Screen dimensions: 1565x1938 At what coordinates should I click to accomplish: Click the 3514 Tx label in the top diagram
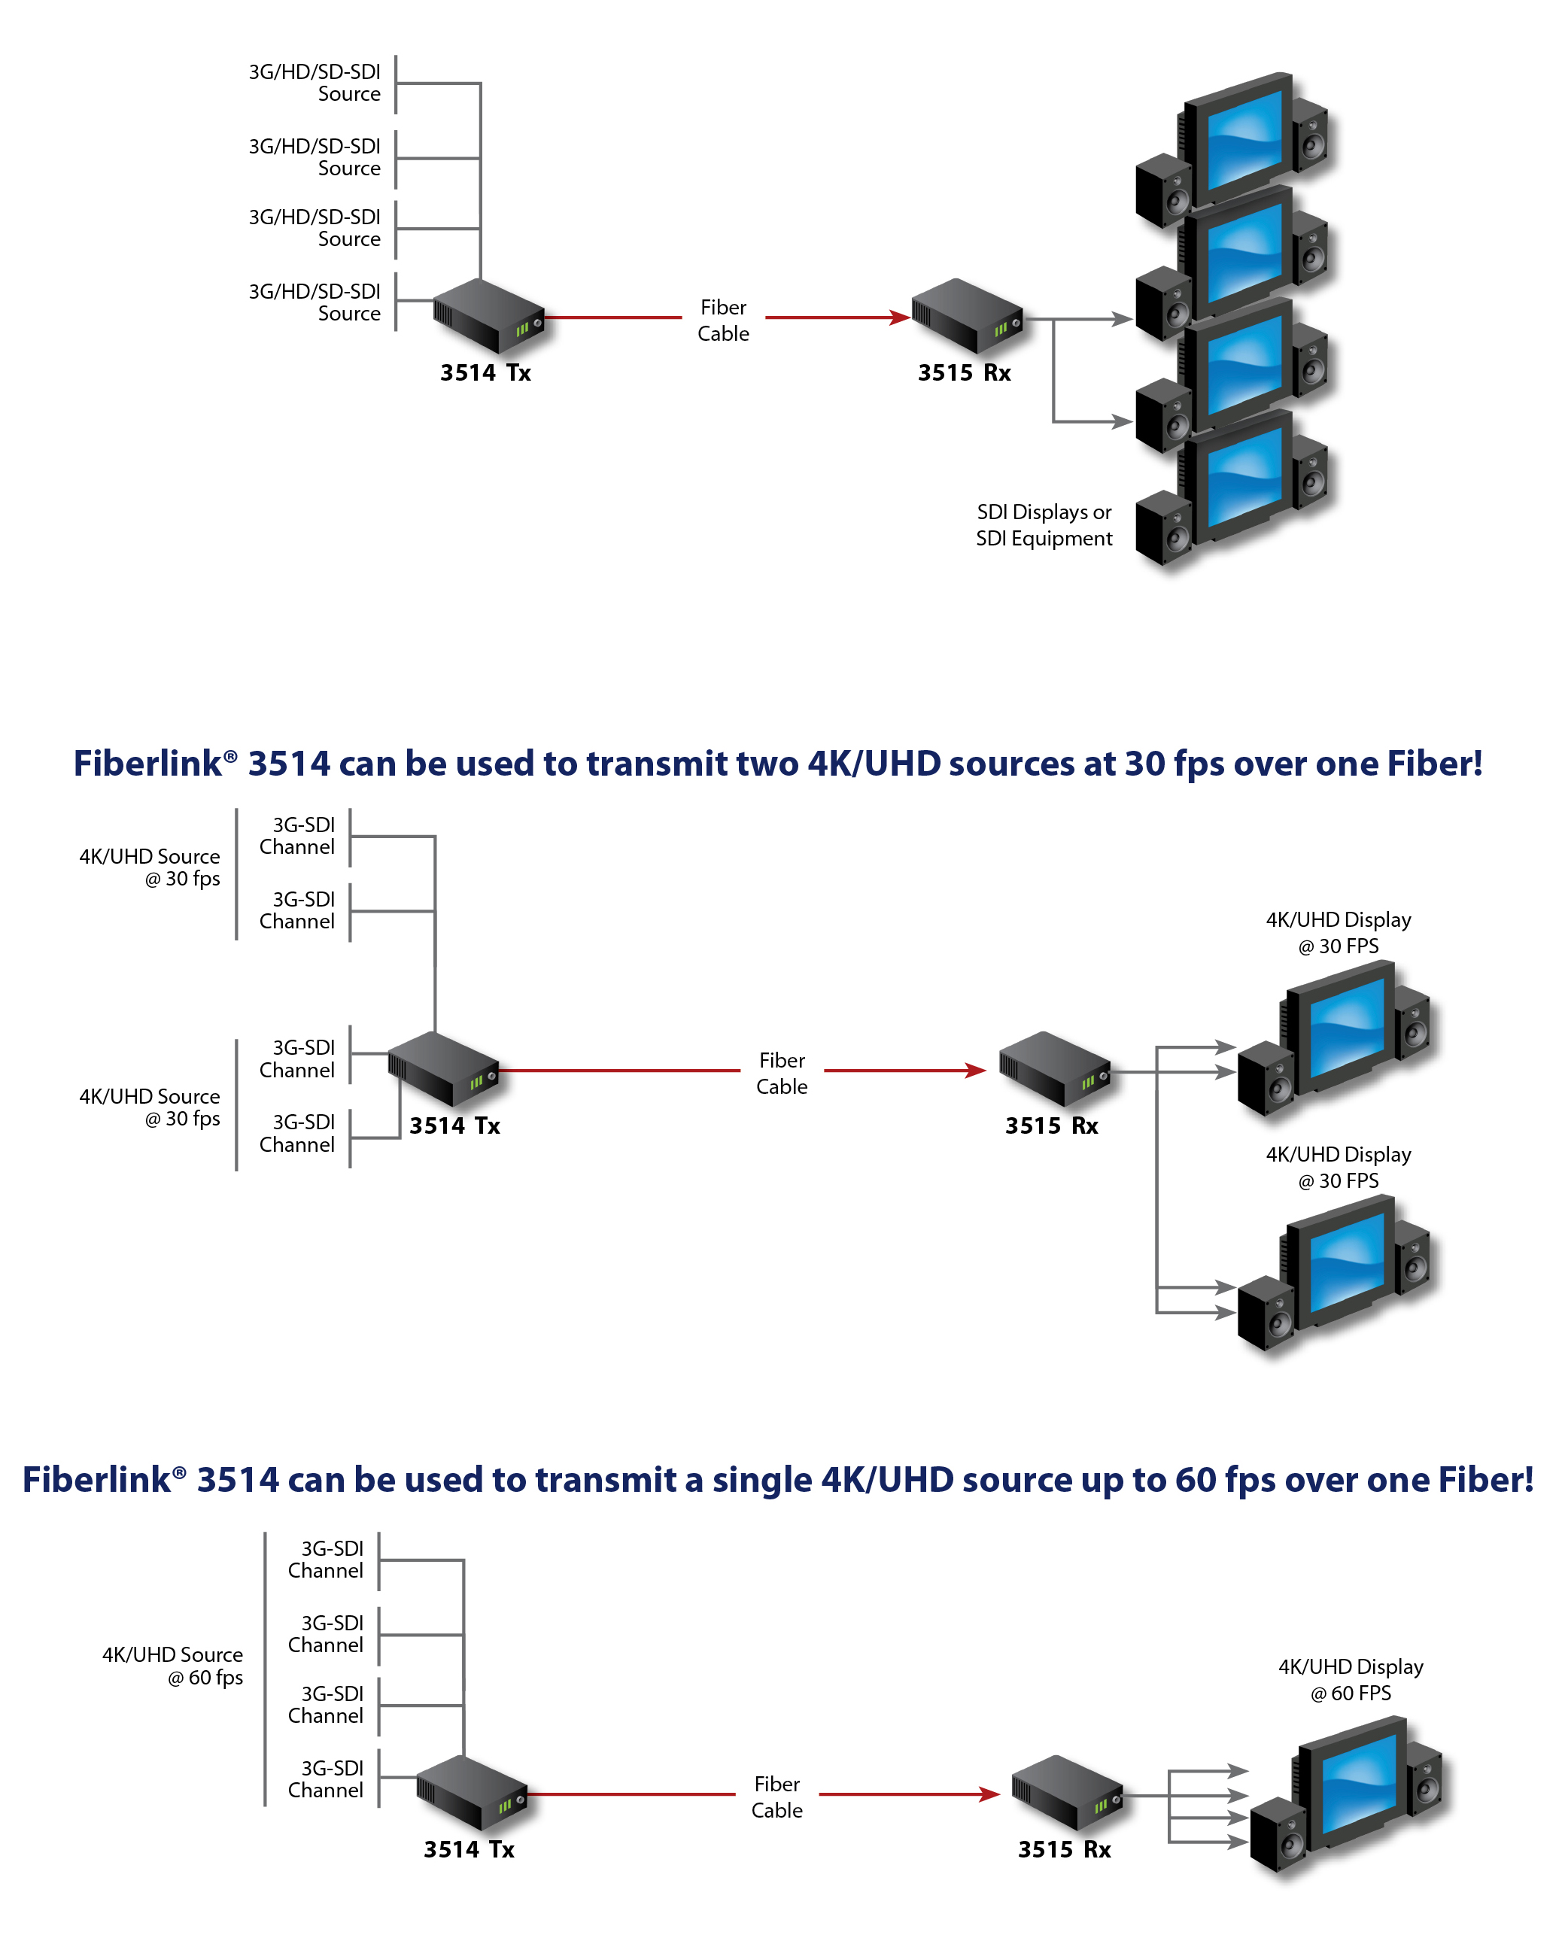(485, 372)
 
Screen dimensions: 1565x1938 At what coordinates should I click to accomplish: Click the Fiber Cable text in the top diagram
(723, 320)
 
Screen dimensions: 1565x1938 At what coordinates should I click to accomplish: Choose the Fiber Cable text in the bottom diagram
(776, 1797)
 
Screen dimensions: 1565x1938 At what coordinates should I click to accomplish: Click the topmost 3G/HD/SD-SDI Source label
(315, 83)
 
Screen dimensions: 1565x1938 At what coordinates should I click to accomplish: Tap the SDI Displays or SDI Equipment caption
(1044, 524)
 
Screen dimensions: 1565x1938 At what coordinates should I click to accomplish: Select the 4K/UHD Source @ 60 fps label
(172, 1666)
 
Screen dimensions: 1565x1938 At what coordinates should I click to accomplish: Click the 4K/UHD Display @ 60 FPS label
(1351, 1679)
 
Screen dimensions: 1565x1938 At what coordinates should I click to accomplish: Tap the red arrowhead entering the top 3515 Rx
(899, 317)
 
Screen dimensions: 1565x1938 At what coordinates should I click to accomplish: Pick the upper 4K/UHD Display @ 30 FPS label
(1338, 932)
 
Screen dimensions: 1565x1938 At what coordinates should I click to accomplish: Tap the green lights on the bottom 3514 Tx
(505, 1806)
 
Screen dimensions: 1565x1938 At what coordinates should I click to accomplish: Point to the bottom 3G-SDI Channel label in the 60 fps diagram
(326, 1779)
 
